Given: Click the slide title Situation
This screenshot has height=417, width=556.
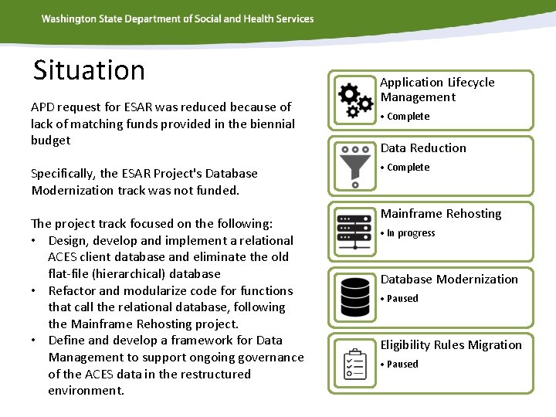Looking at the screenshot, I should tap(89, 70).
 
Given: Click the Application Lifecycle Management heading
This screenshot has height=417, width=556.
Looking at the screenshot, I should tap(437, 90).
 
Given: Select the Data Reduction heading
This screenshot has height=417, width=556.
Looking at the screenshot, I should tap(423, 147).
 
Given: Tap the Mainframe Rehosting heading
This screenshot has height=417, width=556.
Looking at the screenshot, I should tap(440, 213).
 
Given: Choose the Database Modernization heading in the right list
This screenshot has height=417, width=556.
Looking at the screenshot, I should tap(449, 279).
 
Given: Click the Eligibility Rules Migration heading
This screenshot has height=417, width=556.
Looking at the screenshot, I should tap(450, 344).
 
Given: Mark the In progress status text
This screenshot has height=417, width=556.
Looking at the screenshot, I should tap(410, 233).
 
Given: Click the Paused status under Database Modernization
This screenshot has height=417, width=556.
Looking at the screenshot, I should tap(402, 299).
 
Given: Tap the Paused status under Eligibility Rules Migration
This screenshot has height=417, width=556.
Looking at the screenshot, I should tap(402, 364).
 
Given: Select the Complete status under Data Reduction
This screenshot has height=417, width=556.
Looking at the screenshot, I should tap(407, 168).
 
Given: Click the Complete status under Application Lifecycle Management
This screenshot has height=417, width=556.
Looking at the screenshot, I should tap(407, 117).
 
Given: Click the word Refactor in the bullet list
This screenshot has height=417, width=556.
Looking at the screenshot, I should tap(72, 290).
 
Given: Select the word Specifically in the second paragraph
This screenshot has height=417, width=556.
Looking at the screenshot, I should tap(63, 173).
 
